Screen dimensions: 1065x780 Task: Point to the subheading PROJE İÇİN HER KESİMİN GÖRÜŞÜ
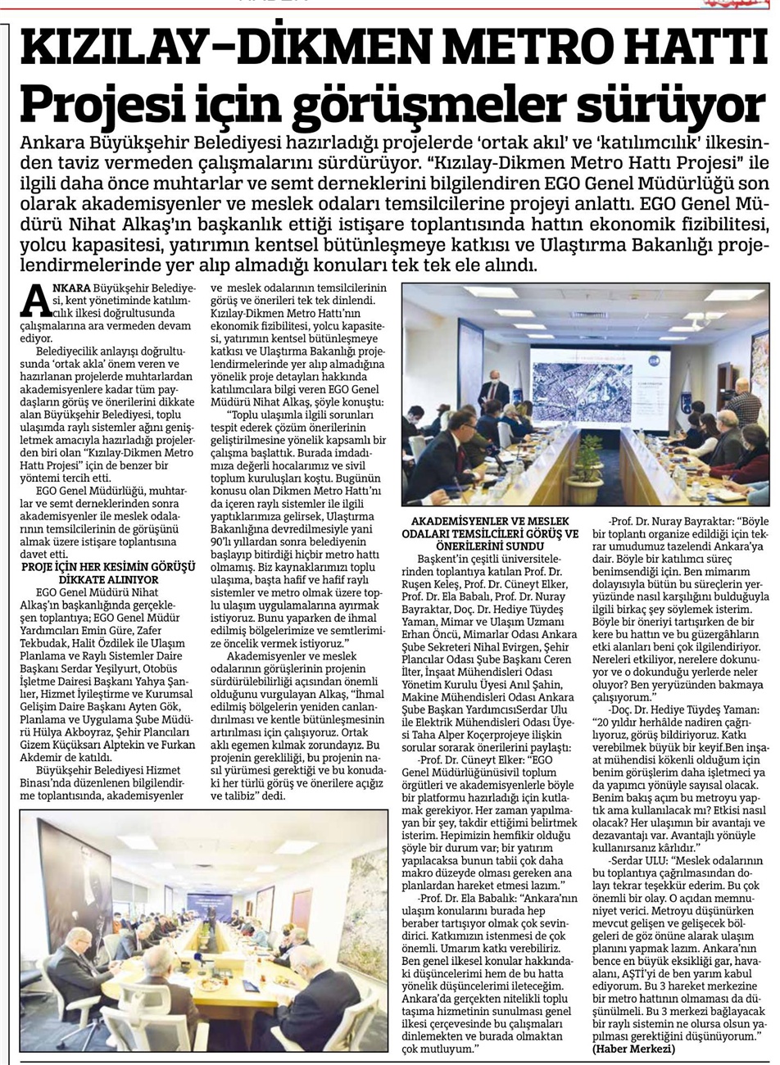[108, 567]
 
